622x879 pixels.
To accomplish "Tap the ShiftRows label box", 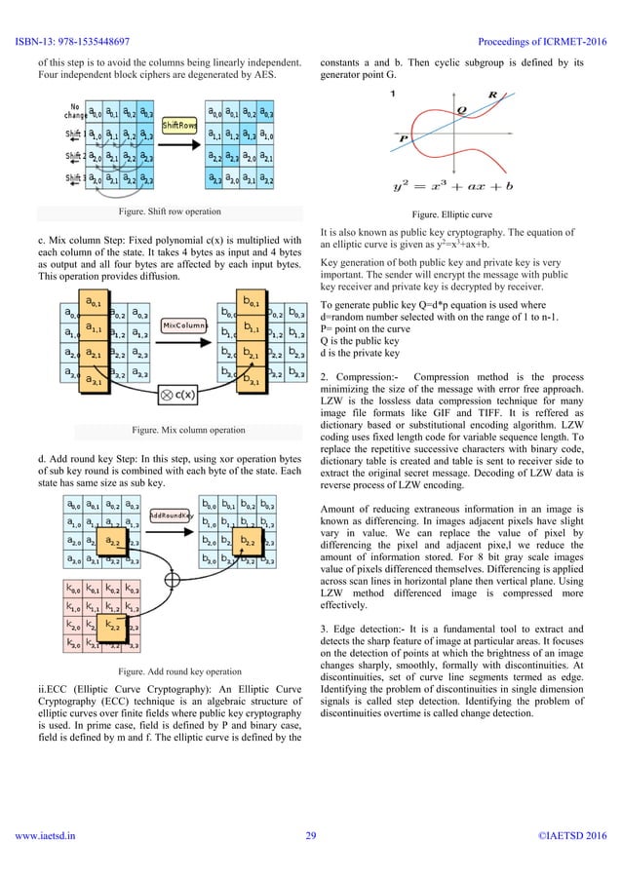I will pyautogui.click(x=181, y=126).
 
